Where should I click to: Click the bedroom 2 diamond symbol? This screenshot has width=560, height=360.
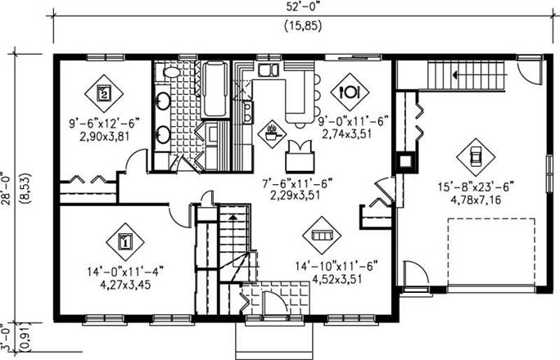pos(104,93)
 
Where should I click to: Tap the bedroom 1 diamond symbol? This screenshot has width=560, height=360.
pos(125,242)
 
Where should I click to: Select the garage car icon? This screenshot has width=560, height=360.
pos(476,157)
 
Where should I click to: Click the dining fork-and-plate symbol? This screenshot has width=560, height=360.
pos(350,92)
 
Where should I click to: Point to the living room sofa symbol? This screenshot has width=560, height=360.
pos(322,236)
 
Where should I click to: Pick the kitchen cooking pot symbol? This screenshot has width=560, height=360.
pos(274,134)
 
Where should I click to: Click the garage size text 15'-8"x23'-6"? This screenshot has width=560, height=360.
pos(476,187)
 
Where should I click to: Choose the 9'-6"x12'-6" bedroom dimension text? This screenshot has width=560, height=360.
pos(104,124)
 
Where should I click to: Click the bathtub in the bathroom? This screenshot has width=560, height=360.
pos(215,89)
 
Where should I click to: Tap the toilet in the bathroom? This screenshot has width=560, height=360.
pos(171,72)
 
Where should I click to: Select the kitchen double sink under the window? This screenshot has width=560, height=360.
pos(268,70)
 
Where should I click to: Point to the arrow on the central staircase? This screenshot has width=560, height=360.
pos(233,217)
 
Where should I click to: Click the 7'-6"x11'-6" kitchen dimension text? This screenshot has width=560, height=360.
pos(297,184)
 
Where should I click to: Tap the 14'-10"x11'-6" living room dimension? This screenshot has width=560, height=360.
pos(336,267)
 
